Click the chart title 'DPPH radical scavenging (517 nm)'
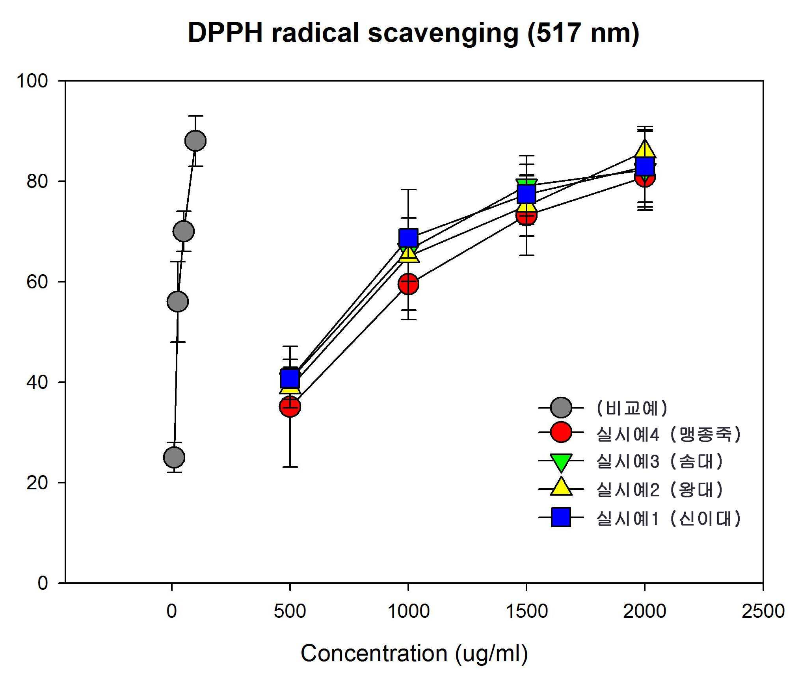tap(413, 33)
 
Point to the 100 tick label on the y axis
tap(32, 81)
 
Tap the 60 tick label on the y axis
tap(37, 282)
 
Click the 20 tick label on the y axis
tap(37, 483)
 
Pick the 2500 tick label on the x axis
tap(763, 611)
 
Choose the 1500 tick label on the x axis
tap(527, 611)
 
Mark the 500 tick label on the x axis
tap(290, 611)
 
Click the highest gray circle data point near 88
tap(195, 141)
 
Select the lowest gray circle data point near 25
tap(174, 457)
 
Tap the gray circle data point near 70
tap(184, 231)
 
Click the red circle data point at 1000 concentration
tap(408, 284)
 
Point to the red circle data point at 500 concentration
tap(290, 407)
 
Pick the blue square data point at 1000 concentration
tap(408, 237)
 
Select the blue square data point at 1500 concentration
tap(527, 194)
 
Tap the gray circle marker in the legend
tap(561, 407)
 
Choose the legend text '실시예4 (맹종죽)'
tap(669, 434)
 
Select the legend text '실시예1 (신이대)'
tap(669, 518)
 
